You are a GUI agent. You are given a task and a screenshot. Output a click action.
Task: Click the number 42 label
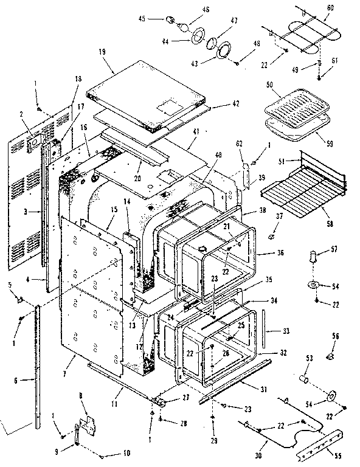point(218,104)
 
